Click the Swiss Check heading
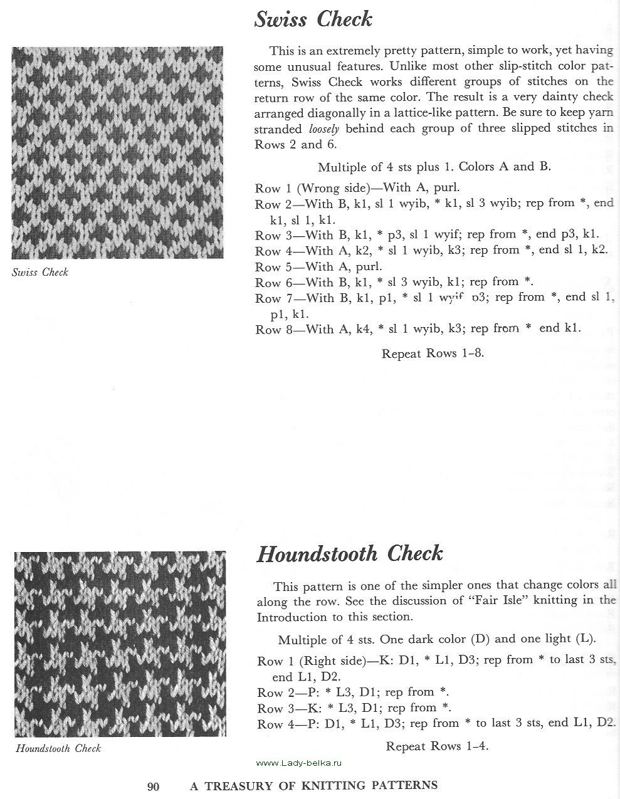[313, 19]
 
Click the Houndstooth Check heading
[350, 554]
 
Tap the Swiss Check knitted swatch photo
[118, 152]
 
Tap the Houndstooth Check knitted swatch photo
[120, 644]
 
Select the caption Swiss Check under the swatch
[40, 273]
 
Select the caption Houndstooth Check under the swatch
[58, 748]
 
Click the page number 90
[154, 786]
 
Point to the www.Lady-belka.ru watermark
[300, 763]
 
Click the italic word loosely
[325, 128]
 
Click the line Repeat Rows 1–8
[433, 353]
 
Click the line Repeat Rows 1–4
[437, 746]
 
